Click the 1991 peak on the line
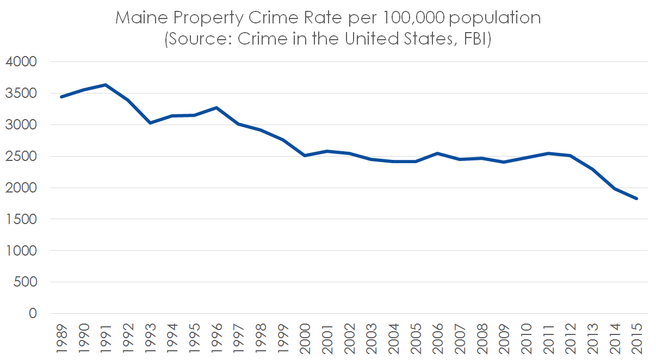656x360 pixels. click(106, 85)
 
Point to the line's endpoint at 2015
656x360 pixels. click(637, 198)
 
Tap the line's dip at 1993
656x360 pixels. click(150, 123)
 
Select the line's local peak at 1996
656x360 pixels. click(216, 108)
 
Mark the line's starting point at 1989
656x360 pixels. click(61, 97)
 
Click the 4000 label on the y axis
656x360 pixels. click(21, 62)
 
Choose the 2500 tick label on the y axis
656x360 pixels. click(21, 157)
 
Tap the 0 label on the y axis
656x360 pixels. click(33, 314)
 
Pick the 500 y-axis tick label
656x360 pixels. click(25, 282)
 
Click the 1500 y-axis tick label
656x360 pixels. click(21, 219)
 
